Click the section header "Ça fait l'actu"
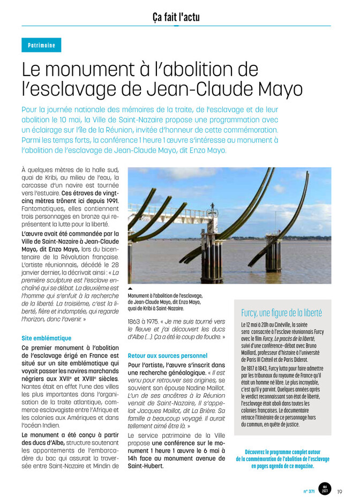tap(176, 17)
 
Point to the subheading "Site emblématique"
tap(46, 338)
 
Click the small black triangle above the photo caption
tap(130, 289)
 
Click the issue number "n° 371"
tap(309, 491)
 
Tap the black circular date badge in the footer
tap(325, 490)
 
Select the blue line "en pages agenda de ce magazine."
tap(282, 466)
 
